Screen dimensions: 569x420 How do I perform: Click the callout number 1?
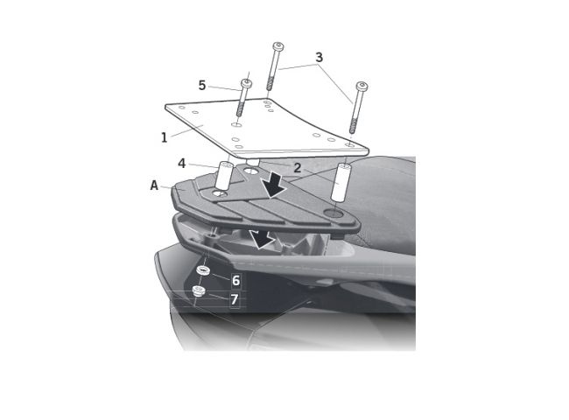point(165,137)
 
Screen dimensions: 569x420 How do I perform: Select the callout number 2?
point(298,168)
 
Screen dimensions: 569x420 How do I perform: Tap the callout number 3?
point(319,57)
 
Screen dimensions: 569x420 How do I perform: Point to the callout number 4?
point(182,164)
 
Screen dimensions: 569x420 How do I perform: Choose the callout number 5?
point(202,86)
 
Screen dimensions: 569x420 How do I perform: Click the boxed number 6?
point(235,280)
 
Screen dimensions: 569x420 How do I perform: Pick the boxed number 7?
point(235,299)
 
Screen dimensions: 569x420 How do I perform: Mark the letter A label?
point(154,185)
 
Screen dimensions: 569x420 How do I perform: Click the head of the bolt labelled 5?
point(247,84)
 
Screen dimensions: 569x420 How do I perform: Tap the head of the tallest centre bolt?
point(278,46)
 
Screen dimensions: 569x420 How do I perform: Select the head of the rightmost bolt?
point(362,87)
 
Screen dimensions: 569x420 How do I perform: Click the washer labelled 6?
point(204,270)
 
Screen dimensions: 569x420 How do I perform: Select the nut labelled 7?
point(199,290)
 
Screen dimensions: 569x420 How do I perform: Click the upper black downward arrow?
point(275,185)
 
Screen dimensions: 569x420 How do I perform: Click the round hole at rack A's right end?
point(334,213)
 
